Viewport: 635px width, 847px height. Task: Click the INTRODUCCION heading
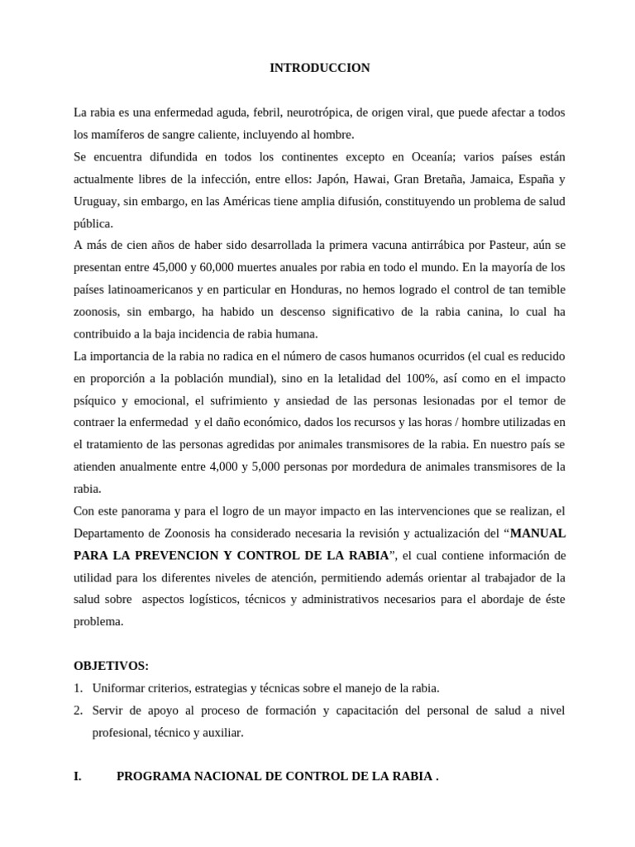pyautogui.click(x=319, y=68)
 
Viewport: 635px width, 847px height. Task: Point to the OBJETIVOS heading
pyautogui.click(x=110, y=665)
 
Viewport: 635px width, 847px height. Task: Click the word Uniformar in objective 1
pyautogui.click(x=119, y=687)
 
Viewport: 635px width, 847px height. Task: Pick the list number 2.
pyautogui.click(x=78, y=710)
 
